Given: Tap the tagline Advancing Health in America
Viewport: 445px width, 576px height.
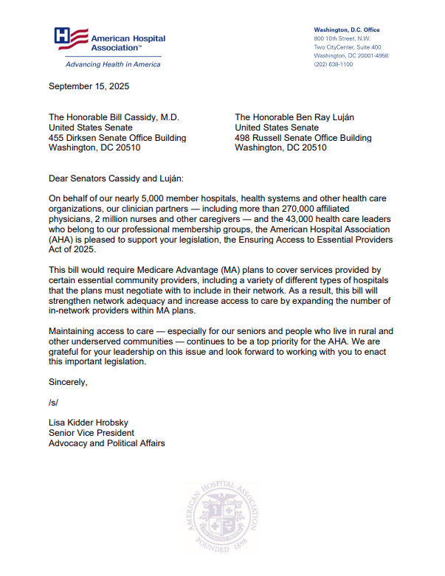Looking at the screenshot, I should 108,64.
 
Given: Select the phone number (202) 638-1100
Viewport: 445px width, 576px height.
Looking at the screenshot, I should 334,64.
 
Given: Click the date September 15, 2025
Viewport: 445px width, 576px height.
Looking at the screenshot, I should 89,86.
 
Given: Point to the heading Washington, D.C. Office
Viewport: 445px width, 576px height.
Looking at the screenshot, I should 347,30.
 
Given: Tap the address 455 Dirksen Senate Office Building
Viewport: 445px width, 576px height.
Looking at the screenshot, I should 117,138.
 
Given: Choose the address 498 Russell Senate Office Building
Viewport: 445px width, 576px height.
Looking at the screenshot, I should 303,138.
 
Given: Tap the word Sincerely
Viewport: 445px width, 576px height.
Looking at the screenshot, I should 68,382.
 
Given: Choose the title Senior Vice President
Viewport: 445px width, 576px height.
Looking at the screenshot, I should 92,433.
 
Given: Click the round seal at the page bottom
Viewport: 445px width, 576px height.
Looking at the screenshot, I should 222,525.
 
